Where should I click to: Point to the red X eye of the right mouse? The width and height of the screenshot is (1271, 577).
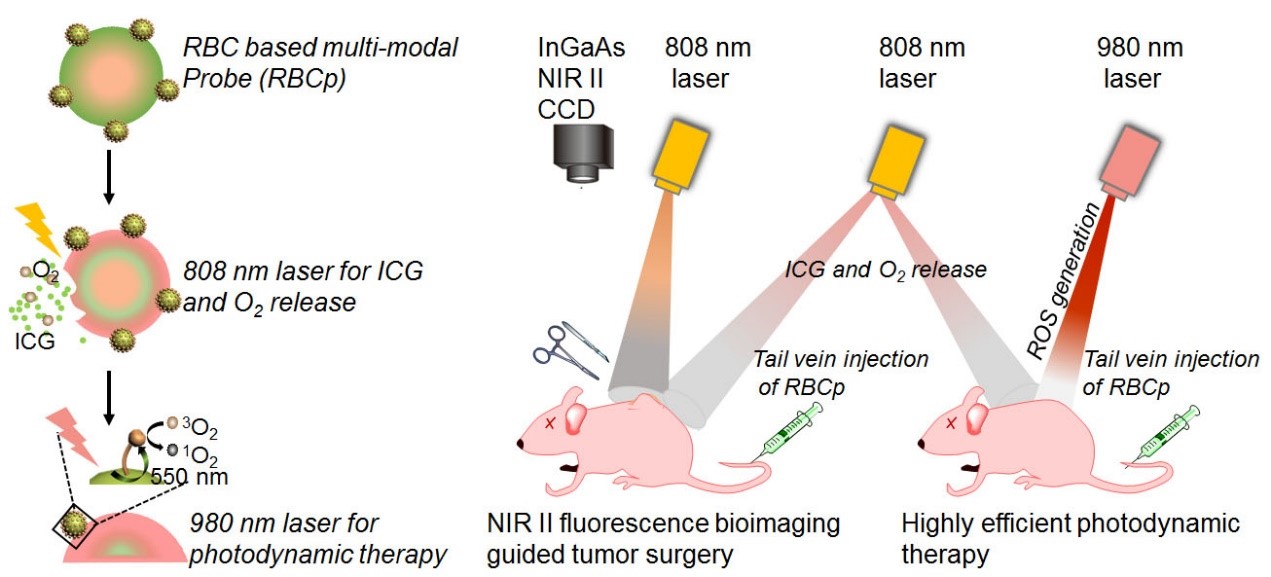pyautogui.click(x=950, y=425)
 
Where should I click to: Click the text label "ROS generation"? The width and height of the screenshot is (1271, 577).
pyautogui.click(x=1066, y=274)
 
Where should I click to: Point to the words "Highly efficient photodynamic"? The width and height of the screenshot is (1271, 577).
pyautogui.click(x=1070, y=523)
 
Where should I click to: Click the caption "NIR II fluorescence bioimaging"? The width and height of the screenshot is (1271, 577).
pyautogui.click(x=676, y=523)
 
